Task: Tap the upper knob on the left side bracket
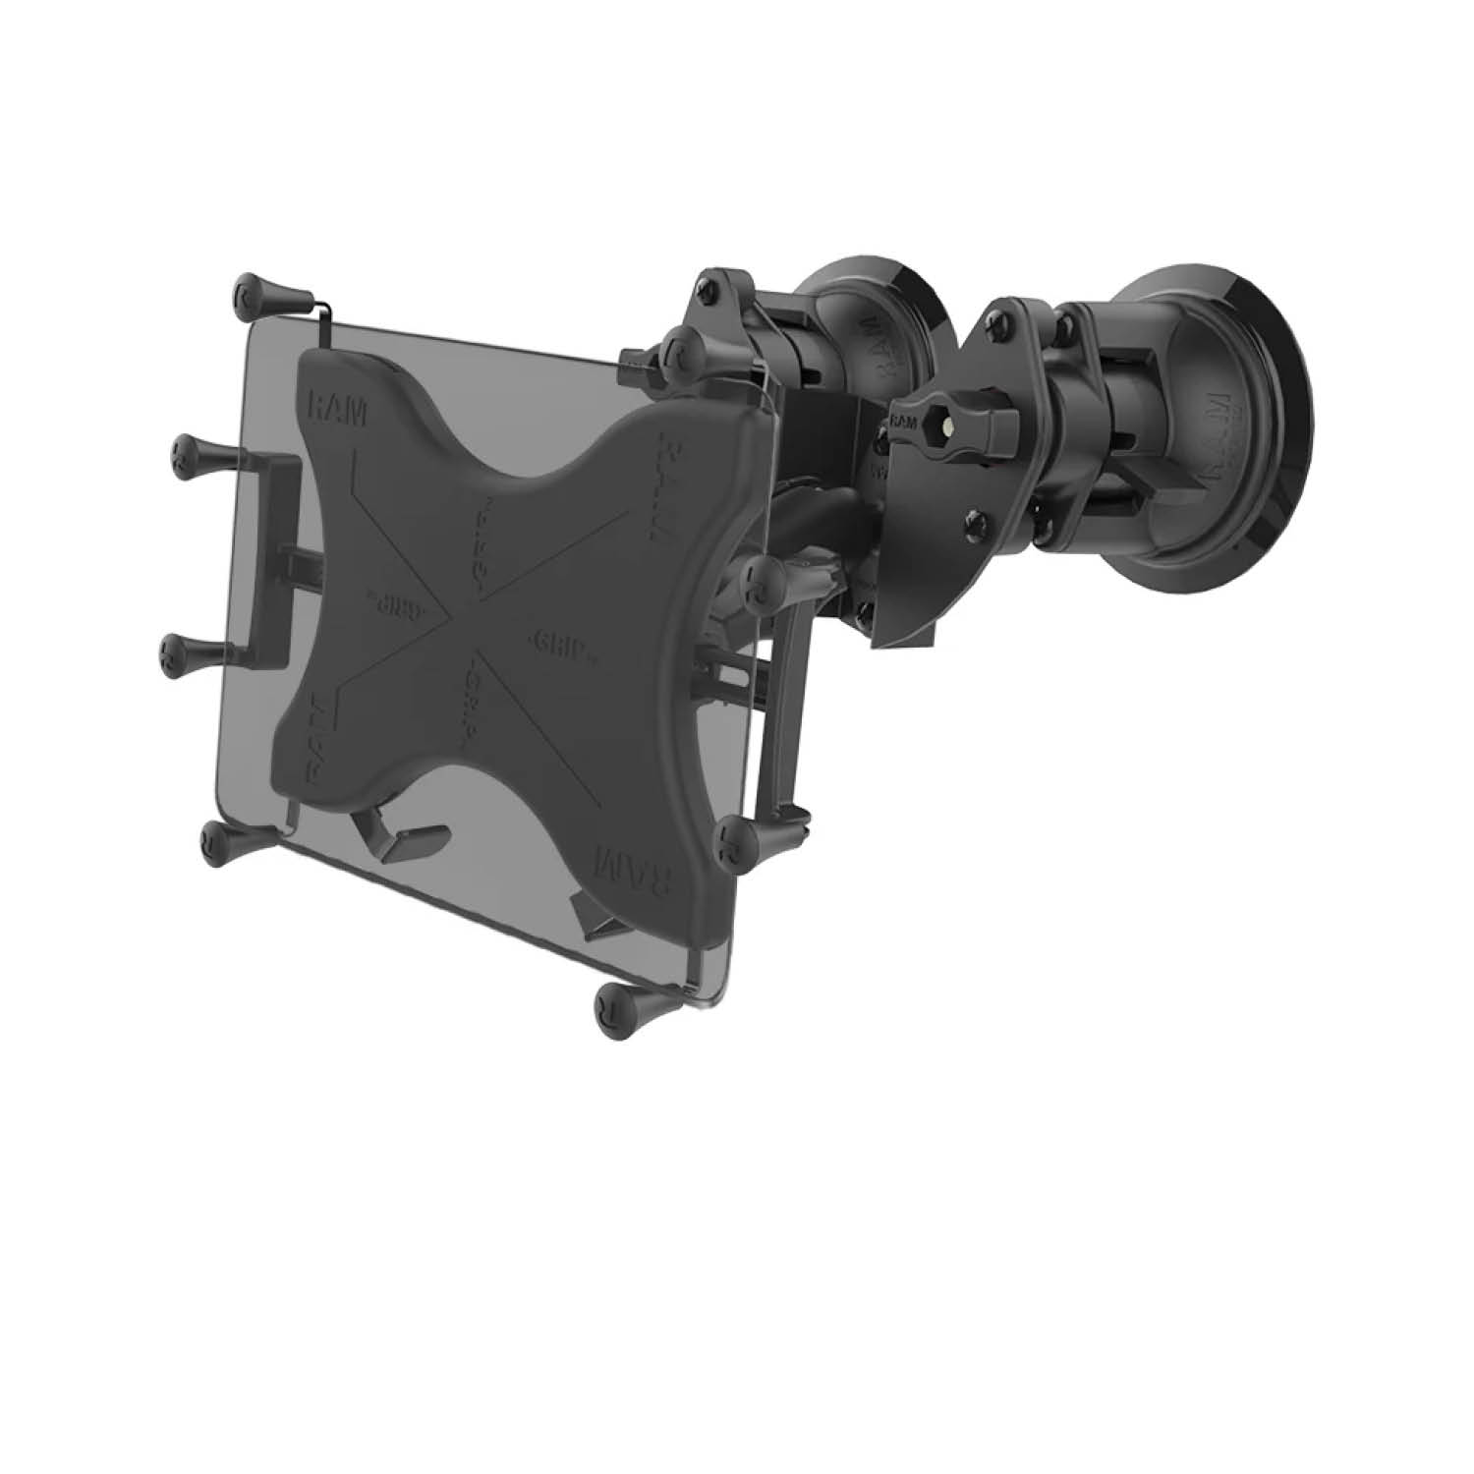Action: click(197, 453)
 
